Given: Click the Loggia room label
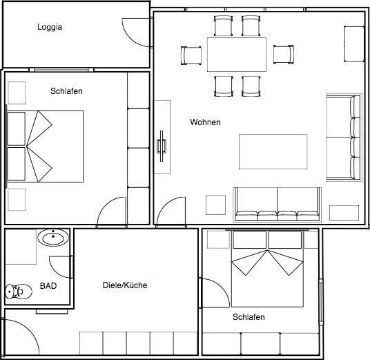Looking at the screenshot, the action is [50, 27].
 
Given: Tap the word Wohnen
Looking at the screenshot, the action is [205, 122].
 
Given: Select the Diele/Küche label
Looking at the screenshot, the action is [125, 285].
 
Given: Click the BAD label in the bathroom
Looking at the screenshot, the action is [48, 286].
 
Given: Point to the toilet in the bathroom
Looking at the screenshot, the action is [19, 292].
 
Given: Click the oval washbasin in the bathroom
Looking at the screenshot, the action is [53, 238].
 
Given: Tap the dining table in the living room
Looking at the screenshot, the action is [237, 55].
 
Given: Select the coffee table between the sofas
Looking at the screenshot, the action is [273, 151].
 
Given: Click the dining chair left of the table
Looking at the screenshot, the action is [191, 55].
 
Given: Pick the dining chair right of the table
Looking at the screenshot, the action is [284, 55].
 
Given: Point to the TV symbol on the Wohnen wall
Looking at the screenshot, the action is [162, 146].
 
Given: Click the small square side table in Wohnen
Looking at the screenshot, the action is [215, 205].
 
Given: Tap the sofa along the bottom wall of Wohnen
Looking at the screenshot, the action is [277, 205].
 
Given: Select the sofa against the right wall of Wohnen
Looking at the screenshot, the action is [344, 138].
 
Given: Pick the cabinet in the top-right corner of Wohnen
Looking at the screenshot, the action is [354, 44].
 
